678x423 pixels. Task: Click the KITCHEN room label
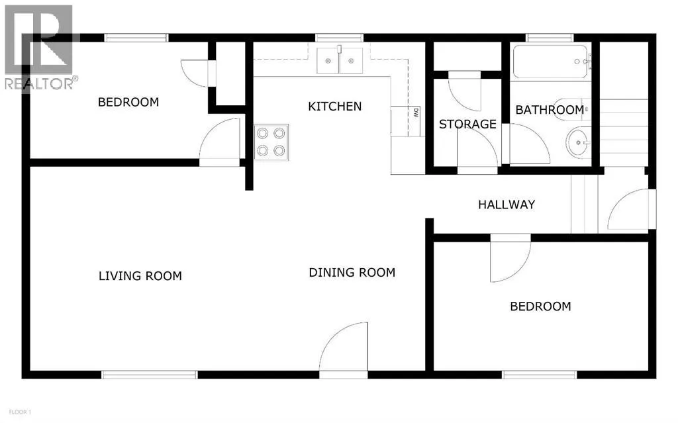(334, 107)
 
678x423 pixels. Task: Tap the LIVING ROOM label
(140, 276)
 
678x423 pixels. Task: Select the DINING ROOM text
(352, 273)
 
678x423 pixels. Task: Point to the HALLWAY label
(507, 205)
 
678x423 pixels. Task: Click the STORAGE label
(467, 124)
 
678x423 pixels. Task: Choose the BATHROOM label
(550, 110)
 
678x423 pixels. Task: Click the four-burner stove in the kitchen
(271, 142)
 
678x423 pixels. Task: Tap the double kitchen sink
(340, 60)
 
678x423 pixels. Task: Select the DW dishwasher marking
(416, 113)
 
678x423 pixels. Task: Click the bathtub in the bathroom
(550, 62)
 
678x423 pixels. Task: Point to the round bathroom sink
(577, 142)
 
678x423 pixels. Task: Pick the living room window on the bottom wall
(149, 375)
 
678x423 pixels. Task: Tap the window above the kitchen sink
(339, 38)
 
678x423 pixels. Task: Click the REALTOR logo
(40, 48)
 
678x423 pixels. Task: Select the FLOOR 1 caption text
(20, 412)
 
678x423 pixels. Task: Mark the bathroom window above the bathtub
(550, 38)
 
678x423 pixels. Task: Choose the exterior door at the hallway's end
(632, 209)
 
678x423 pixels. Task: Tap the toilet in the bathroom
(570, 110)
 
